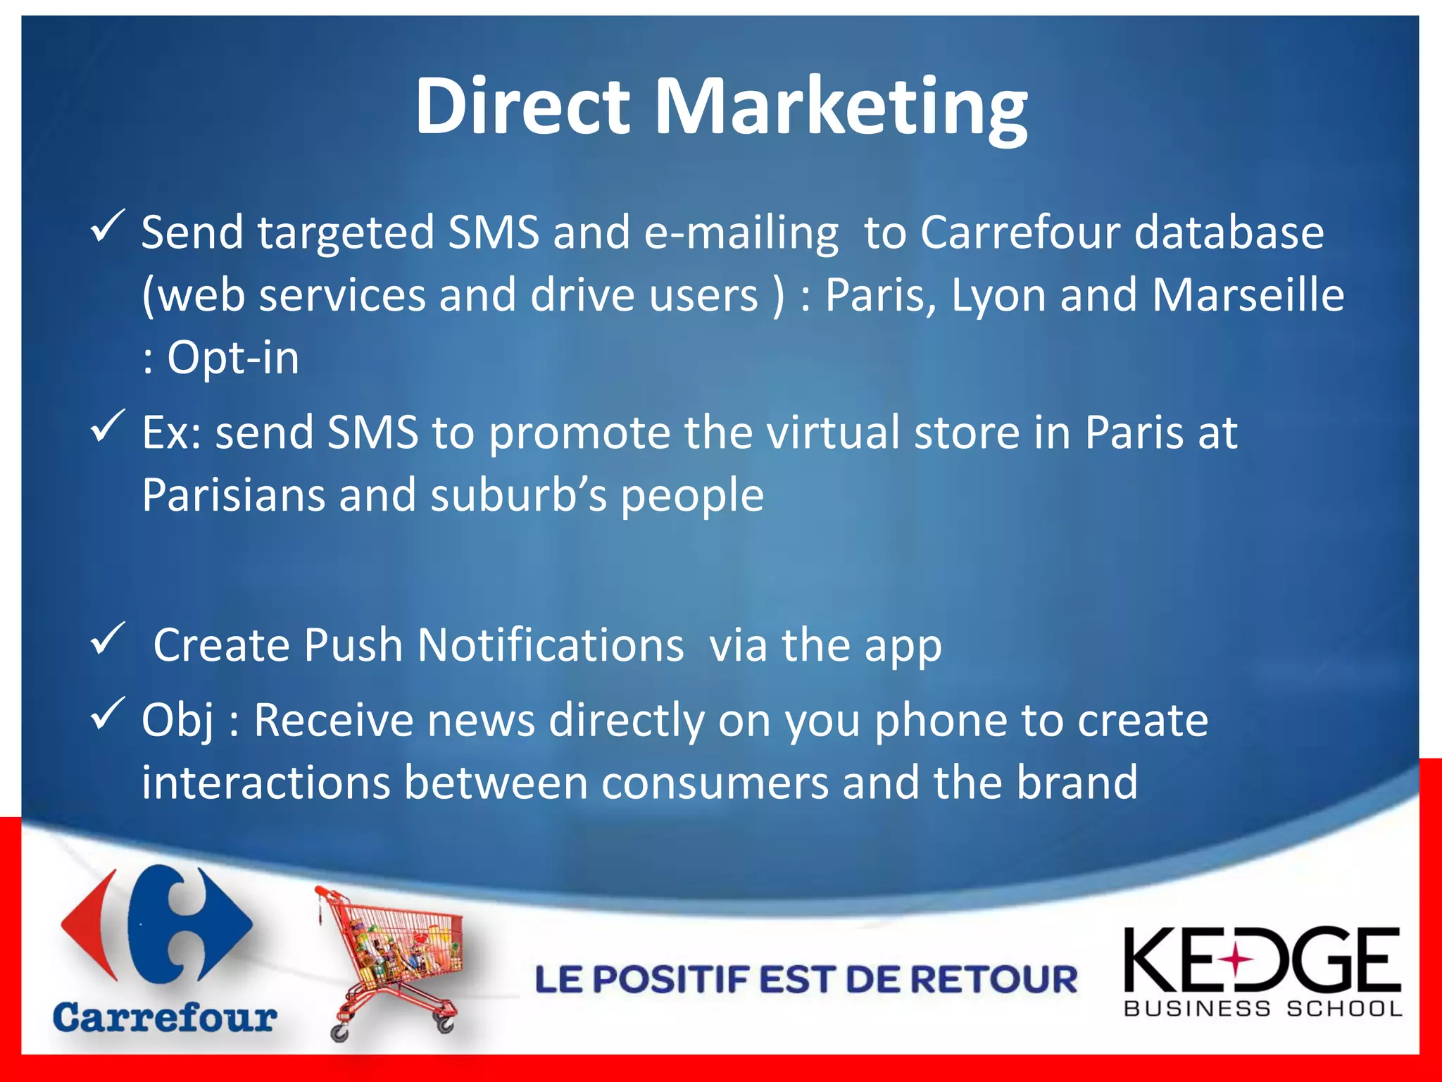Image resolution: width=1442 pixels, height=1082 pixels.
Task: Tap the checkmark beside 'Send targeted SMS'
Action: click(108, 227)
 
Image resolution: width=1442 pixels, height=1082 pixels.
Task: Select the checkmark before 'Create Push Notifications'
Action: click(108, 639)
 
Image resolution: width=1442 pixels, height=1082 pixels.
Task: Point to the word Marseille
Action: click(1248, 294)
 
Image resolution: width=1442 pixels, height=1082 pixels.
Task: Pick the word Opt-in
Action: click(233, 358)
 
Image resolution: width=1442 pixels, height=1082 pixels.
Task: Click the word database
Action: click(1229, 232)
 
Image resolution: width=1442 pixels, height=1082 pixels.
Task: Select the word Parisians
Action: click(234, 495)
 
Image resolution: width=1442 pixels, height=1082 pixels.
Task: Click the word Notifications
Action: click(550, 645)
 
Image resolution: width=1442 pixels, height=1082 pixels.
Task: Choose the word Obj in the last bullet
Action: click(177, 721)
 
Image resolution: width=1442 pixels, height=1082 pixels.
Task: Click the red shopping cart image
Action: click(391, 962)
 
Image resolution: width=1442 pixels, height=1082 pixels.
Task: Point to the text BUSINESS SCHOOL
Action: click(1263, 1009)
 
